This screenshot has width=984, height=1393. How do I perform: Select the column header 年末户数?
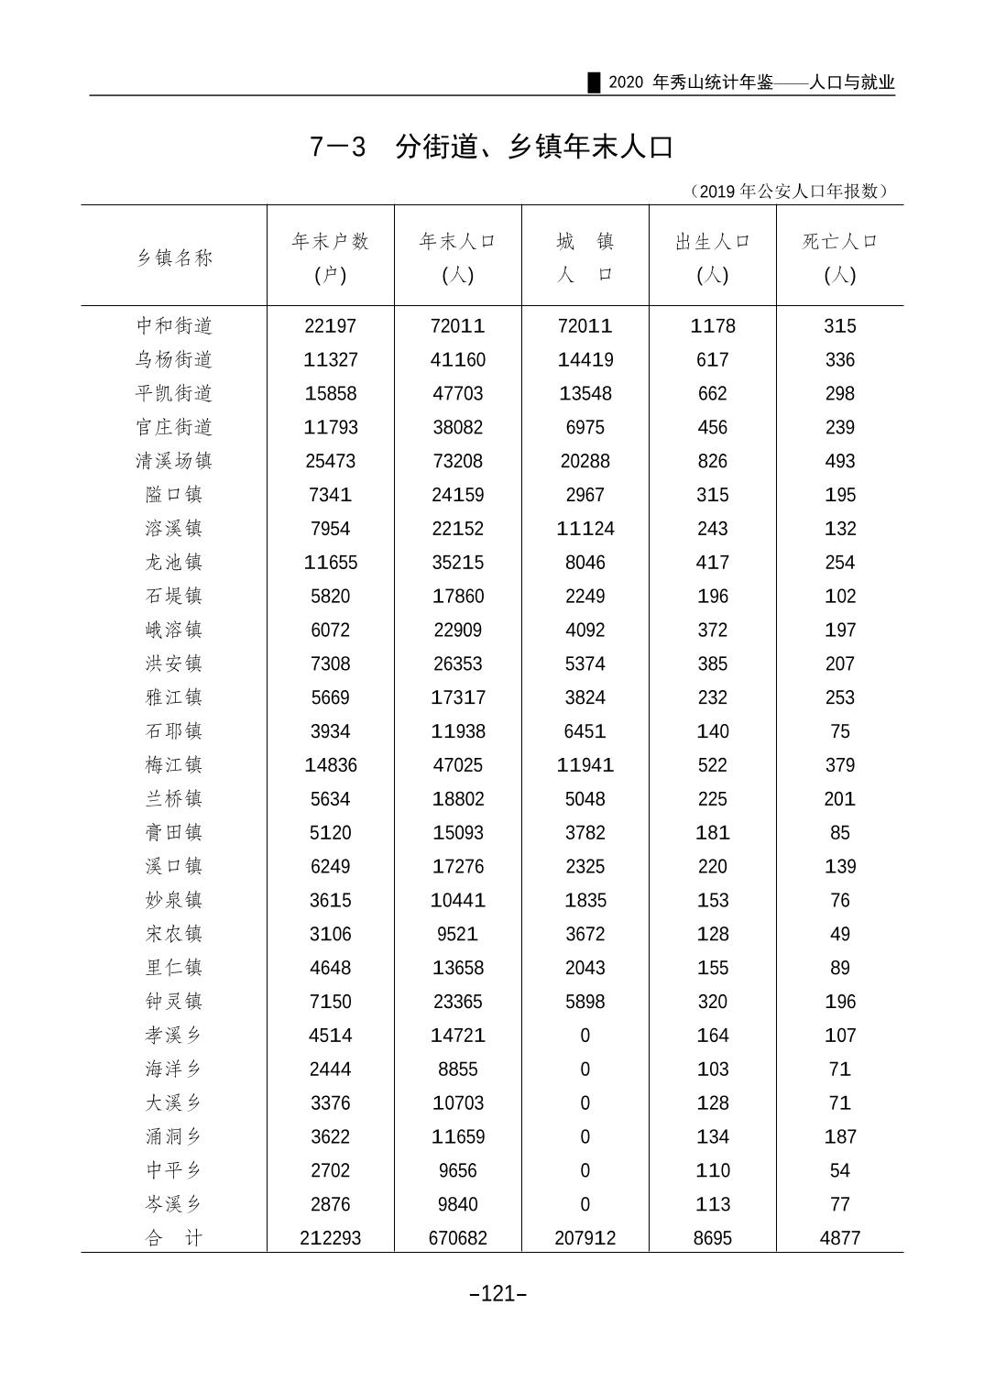330,242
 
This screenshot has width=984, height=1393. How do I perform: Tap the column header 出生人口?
712,242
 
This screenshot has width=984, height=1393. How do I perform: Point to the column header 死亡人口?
839,242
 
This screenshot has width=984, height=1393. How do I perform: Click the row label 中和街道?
174,326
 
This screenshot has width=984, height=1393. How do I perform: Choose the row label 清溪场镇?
174,461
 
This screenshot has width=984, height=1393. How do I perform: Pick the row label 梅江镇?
174,765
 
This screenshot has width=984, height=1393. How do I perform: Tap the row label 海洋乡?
174,1069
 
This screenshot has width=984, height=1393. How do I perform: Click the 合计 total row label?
174,1238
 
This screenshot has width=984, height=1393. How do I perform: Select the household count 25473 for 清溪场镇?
330,461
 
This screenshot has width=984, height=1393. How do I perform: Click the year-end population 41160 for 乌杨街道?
457,360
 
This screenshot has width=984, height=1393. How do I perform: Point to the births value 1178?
712,326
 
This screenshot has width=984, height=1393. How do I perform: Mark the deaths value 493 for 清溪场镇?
839,461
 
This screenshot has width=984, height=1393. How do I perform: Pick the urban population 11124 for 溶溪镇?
585,529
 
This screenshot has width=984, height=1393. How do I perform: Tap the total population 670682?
457,1238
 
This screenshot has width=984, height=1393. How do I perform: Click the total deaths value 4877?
839,1238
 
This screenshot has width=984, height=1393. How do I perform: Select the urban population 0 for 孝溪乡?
585,1036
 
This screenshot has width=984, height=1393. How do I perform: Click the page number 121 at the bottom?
497,1294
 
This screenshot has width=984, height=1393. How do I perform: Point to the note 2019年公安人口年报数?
788,192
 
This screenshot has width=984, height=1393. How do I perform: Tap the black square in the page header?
594,82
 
